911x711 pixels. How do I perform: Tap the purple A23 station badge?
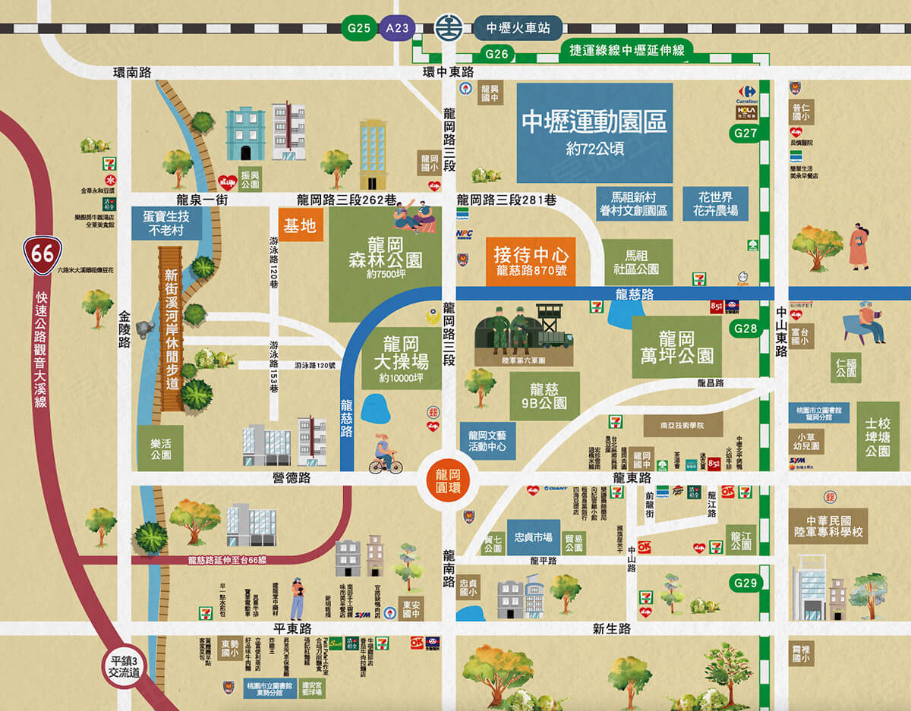(x=397, y=29)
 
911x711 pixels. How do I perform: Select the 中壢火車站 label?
(x=518, y=29)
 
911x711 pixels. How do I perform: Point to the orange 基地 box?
(x=301, y=225)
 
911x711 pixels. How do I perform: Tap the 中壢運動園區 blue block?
(x=594, y=132)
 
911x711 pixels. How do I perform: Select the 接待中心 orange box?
(x=530, y=261)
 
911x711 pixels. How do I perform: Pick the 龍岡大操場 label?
(x=402, y=357)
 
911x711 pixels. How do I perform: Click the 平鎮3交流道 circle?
(x=125, y=666)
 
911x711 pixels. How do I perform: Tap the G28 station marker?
(x=746, y=329)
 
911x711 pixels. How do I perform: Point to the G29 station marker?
(x=746, y=584)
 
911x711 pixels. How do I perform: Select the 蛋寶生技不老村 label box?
(x=166, y=223)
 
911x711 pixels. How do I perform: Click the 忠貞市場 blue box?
(x=533, y=537)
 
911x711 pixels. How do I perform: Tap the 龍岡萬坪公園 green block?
(x=676, y=347)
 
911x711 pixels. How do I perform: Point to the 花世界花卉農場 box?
(x=714, y=203)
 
